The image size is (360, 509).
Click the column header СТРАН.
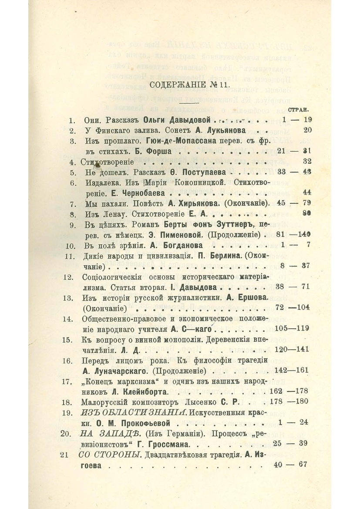tap(299, 111)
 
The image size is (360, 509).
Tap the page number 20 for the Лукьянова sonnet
tap(307, 130)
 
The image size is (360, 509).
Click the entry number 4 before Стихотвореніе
tap(73, 162)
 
